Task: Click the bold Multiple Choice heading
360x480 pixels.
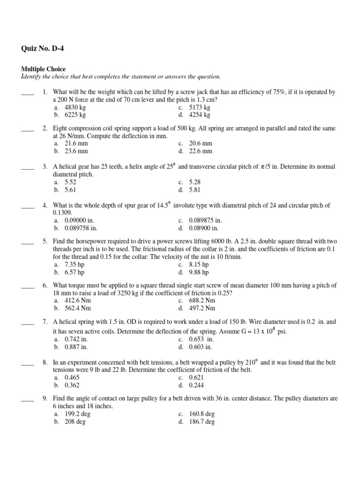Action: pyautogui.click(x=43, y=69)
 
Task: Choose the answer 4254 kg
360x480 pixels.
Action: pyautogui.click(x=200, y=115)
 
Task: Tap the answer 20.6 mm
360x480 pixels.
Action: pyautogui.click(x=201, y=143)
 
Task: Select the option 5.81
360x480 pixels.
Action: pyautogui.click(x=195, y=190)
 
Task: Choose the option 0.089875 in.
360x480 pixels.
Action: pyautogui.click(x=205, y=220)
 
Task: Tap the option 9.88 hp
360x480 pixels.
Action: pyautogui.click(x=199, y=272)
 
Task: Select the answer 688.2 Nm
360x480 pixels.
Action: pyautogui.click(x=202, y=300)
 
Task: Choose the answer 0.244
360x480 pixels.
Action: pyautogui.click(x=196, y=385)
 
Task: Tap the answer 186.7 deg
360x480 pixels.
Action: pyautogui.click(x=202, y=422)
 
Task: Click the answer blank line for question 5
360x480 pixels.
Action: pyautogui.click(x=28, y=242)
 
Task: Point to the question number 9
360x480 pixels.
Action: pyautogui.click(x=45, y=398)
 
